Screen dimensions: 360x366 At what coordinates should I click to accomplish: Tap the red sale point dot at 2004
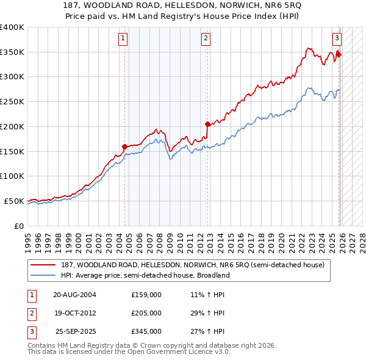[x=125, y=146]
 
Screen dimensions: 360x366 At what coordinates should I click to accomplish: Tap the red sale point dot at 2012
[x=208, y=124]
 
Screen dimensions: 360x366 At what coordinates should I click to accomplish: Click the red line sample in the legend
[x=43, y=265]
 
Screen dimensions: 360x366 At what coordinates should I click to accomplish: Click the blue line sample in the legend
[x=43, y=275]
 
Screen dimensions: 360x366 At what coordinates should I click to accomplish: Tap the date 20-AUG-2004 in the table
[x=74, y=295]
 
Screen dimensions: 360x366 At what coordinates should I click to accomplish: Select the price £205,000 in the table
[x=146, y=313]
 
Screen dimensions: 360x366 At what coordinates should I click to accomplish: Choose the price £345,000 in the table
[x=146, y=331]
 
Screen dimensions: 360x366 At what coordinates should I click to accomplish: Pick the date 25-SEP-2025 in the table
[x=76, y=331]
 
